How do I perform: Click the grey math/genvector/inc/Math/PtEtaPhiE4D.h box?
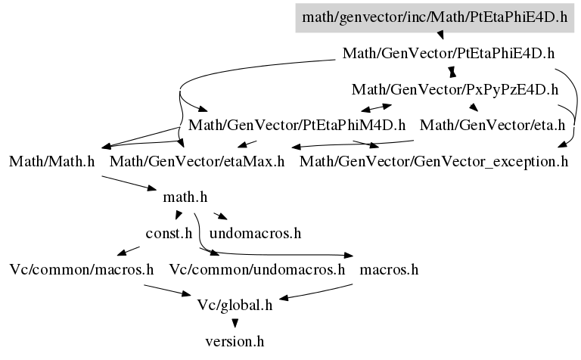point(435,18)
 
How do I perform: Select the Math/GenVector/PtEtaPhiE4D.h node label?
point(449,54)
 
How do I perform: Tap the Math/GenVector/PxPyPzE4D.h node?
point(455,90)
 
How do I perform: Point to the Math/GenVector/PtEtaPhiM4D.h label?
point(297,126)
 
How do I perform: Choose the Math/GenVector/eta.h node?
point(492,126)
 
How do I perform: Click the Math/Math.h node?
point(52,162)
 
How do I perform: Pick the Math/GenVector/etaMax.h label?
point(197,162)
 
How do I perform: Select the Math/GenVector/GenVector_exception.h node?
point(433,162)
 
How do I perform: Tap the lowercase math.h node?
point(185,197)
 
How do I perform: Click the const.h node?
point(169,234)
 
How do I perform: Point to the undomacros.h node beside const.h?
point(255,234)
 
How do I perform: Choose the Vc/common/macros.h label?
point(82,269)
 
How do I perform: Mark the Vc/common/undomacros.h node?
point(257,269)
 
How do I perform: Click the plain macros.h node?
point(389,269)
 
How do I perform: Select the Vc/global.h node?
point(235,306)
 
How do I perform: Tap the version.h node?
point(235,341)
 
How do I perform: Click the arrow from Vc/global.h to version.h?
point(235,324)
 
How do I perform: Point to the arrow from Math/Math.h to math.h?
point(129,183)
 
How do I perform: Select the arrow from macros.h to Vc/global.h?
point(315,292)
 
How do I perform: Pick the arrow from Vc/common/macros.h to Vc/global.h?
point(167,290)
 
